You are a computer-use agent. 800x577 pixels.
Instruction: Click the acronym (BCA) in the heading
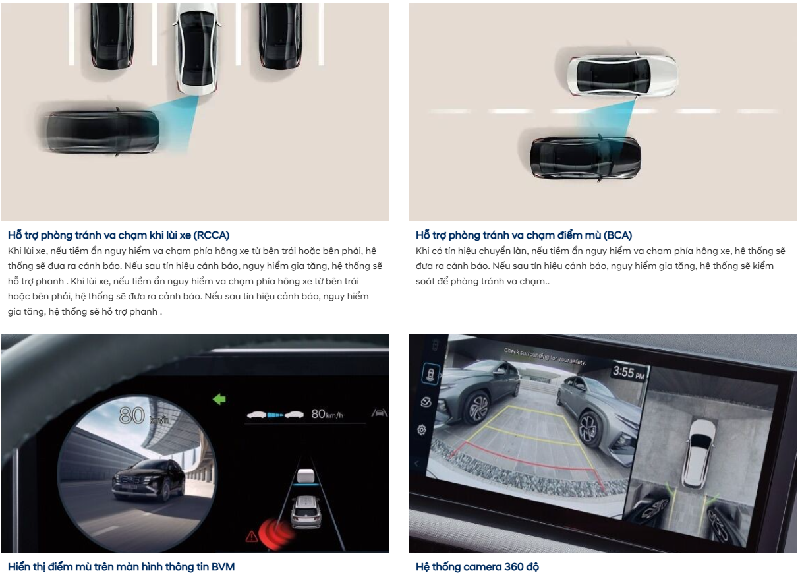click(x=617, y=235)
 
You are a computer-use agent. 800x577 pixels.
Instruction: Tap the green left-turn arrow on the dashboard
click(x=219, y=399)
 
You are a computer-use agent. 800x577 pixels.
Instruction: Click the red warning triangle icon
click(x=252, y=536)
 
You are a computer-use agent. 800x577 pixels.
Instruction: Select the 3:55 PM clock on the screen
click(x=629, y=373)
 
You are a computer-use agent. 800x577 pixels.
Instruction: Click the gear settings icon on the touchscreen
click(x=422, y=429)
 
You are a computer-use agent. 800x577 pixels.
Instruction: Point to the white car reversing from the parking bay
click(x=197, y=48)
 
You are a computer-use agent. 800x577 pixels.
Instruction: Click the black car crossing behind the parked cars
click(x=103, y=132)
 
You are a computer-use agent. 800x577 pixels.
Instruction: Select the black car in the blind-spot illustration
click(x=585, y=158)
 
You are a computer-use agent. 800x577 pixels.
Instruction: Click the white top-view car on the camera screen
click(x=699, y=453)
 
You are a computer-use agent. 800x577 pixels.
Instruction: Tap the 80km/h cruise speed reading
click(x=327, y=414)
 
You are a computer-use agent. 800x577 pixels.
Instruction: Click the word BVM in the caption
click(x=223, y=567)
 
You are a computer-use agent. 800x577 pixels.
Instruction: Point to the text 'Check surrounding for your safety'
click(x=545, y=357)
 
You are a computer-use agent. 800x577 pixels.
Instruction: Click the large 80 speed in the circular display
click(x=132, y=415)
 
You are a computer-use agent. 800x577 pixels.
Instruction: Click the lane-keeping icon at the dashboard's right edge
click(x=380, y=413)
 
